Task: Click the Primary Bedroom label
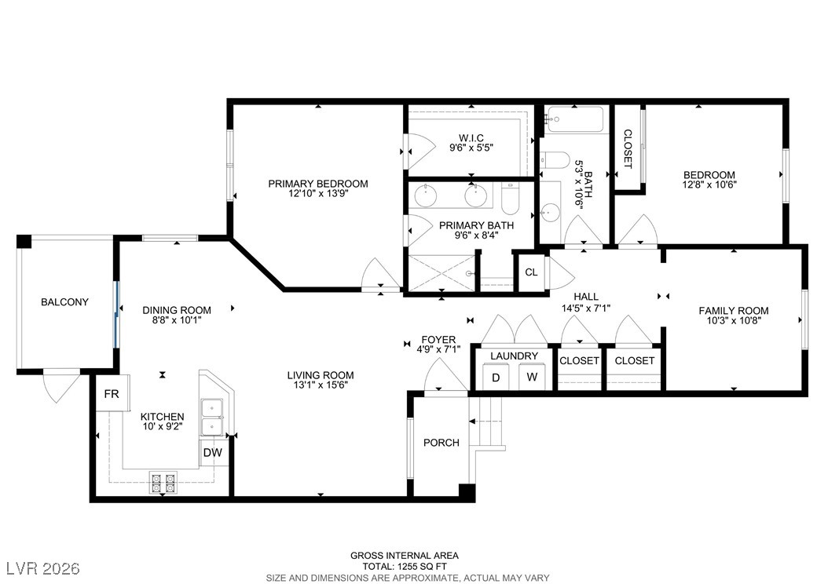tap(318, 184)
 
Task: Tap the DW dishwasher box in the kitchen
tap(213, 453)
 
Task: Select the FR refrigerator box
tap(112, 393)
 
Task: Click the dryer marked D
tap(496, 378)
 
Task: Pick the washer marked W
tap(532, 378)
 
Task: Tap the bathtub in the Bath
tap(575, 120)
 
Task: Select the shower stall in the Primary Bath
tap(441, 272)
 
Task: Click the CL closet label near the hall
tap(531, 272)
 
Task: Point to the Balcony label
tap(64, 302)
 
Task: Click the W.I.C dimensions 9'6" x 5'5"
tap(471, 148)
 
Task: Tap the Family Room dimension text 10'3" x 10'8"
tap(734, 319)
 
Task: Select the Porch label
tap(441, 443)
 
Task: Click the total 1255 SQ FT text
tap(405, 567)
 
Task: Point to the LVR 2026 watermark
tap(43, 568)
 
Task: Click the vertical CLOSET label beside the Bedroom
tap(628, 149)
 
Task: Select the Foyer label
tap(438, 340)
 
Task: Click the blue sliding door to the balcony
tap(117, 315)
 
